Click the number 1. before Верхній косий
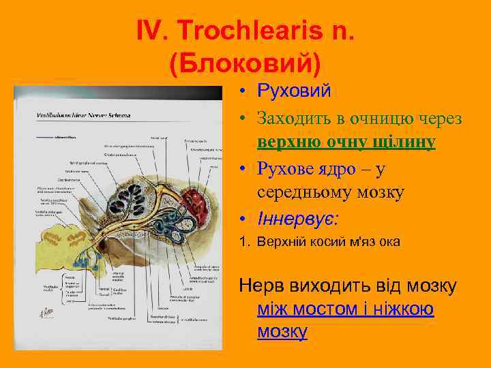tap(245, 242)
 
